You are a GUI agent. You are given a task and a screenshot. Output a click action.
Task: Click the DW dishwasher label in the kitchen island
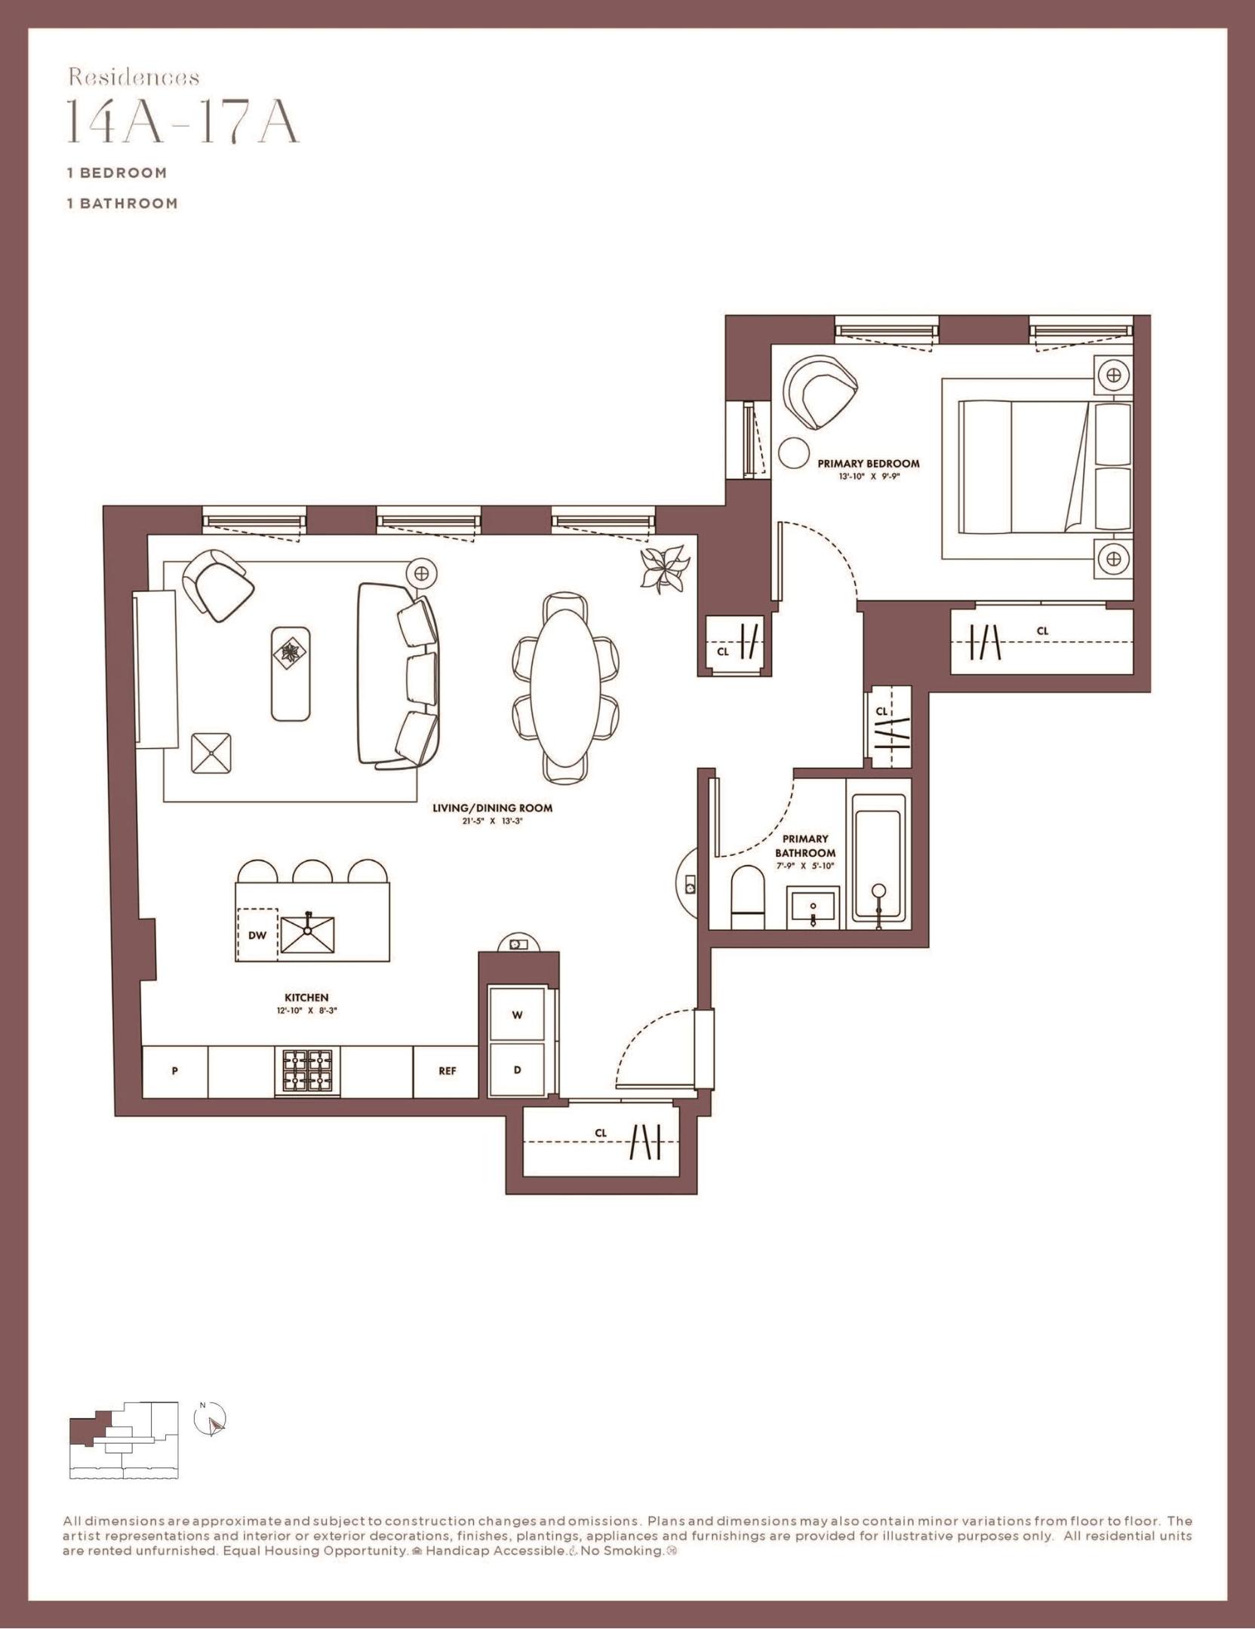click(x=257, y=935)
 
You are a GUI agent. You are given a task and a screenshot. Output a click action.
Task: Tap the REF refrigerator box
click(x=447, y=1071)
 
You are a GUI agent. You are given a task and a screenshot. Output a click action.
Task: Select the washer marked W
click(x=518, y=1014)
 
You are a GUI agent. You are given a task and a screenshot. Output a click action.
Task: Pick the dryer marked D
click(x=518, y=1070)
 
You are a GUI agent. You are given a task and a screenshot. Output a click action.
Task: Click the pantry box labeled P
click(x=174, y=1071)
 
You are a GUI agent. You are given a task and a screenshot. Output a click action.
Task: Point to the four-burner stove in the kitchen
click(x=307, y=1072)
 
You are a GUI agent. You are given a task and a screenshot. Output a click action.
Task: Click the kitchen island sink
click(x=308, y=934)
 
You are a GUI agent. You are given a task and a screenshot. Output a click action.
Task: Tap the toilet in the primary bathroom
click(x=749, y=897)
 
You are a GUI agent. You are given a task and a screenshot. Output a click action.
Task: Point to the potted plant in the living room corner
click(x=664, y=567)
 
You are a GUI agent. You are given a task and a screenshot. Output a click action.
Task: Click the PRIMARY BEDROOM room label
click(x=869, y=464)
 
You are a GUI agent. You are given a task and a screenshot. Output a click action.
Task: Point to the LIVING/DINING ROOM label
click(x=492, y=808)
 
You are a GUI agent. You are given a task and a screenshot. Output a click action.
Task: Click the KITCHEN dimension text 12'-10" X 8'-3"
click(x=306, y=1011)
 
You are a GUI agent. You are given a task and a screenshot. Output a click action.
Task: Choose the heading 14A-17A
click(x=183, y=121)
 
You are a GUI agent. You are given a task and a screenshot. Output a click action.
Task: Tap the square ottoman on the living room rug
click(x=211, y=753)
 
